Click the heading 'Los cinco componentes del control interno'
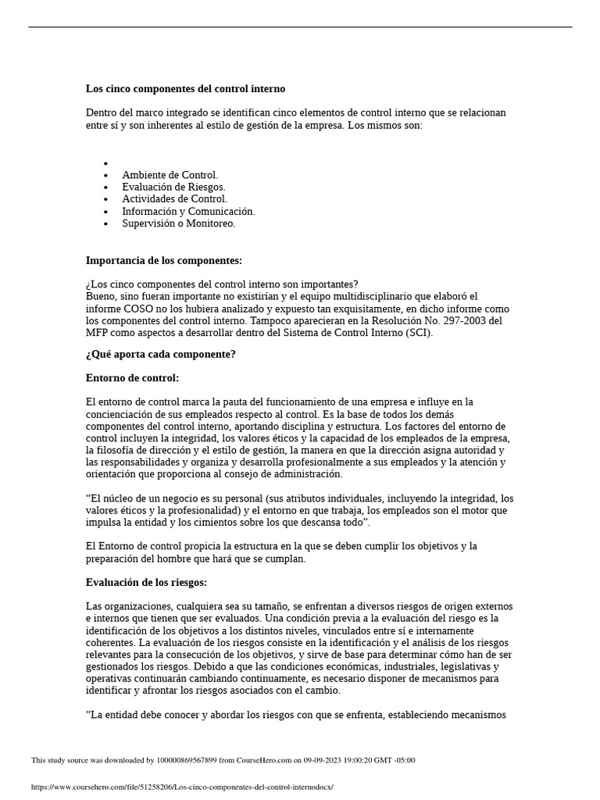coord(185,89)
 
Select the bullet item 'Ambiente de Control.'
coord(170,175)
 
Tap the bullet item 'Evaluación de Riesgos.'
coord(173,187)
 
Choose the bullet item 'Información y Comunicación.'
coord(188,211)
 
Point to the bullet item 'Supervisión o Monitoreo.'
coord(178,223)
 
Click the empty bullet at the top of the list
coord(105,163)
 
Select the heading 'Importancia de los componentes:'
coord(163,260)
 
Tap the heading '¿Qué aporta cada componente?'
coord(160,355)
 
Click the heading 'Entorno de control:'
coord(132,378)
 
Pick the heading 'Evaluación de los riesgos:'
coord(146,582)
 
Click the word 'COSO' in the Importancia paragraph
coord(137,309)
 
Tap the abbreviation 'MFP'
coord(98,333)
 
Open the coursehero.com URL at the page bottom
coord(182,787)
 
